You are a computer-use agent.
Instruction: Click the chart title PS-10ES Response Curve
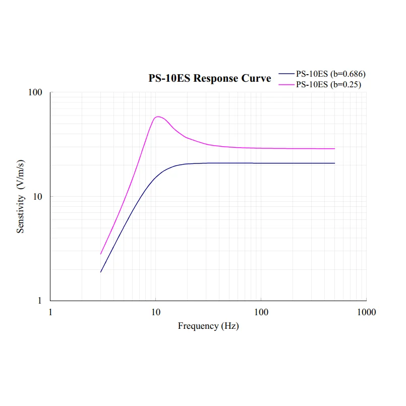(x=209, y=78)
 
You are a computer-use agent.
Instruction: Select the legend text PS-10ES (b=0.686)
(x=330, y=74)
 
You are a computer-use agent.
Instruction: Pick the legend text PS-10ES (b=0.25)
(x=328, y=85)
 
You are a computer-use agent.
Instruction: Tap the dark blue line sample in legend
(x=286, y=74)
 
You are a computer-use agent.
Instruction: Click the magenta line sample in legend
(x=286, y=85)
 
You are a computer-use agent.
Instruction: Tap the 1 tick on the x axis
(x=50, y=312)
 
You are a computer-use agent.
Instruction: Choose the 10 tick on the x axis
(x=156, y=312)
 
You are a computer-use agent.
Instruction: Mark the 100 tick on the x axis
(x=261, y=312)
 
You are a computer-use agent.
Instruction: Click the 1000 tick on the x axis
(x=366, y=312)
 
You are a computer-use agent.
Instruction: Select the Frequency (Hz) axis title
(x=208, y=326)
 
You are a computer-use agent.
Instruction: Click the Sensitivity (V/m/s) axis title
(x=21, y=197)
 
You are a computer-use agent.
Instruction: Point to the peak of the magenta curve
(x=158, y=117)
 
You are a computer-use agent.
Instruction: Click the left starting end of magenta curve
(x=101, y=254)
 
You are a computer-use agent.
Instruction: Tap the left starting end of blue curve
(x=101, y=272)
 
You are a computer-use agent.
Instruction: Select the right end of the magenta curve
(x=334, y=149)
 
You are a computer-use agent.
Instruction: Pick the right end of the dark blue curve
(x=334, y=163)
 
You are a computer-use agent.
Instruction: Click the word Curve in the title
(x=257, y=78)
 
